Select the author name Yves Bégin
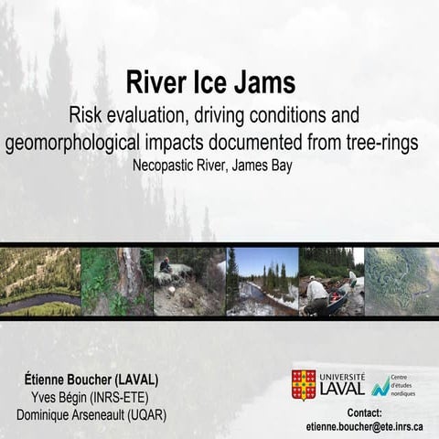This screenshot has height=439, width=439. tap(57, 397)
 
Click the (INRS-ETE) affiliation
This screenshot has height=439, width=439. tap(124, 397)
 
